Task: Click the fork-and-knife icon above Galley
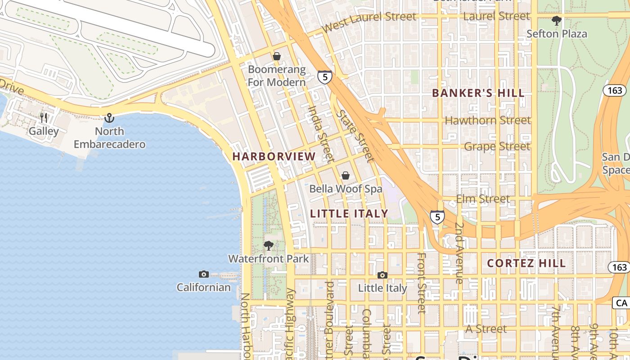44,118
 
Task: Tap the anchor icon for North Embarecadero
109,118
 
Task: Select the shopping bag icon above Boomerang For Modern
277,56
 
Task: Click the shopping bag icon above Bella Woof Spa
346,175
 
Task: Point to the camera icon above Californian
204,274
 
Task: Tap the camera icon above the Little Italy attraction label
382,275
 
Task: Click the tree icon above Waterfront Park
269,246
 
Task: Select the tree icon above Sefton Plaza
557,20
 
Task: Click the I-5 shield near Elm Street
437,216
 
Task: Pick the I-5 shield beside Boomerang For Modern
324,76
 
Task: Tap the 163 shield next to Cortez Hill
619,267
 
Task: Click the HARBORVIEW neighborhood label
274,157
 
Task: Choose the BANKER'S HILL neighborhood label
478,93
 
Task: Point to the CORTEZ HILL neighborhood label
526,263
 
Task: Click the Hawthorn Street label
488,121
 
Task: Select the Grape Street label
497,146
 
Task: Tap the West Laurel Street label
369,21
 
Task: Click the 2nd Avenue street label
459,252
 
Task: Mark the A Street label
486,329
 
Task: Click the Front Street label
422,283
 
